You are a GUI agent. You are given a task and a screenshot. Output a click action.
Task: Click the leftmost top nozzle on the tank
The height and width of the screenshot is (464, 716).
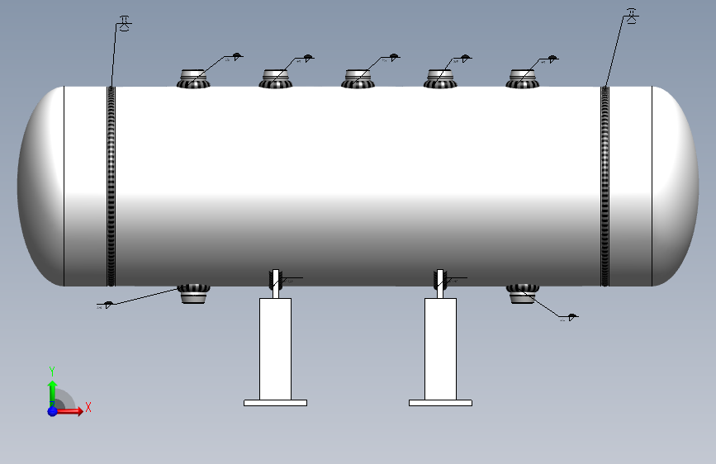(x=195, y=79)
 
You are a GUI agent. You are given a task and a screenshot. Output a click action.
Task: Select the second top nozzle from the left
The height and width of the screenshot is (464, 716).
(x=277, y=79)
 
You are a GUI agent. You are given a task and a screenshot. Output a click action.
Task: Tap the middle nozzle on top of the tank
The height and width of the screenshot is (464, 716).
(x=358, y=79)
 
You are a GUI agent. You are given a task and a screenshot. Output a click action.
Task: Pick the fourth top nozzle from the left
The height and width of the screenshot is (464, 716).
(x=440, y=79)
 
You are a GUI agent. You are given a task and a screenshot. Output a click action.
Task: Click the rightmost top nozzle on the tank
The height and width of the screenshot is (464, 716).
(x=522, y=79)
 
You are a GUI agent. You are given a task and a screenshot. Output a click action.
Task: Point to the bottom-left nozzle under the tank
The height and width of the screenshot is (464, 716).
(x=195, y=293)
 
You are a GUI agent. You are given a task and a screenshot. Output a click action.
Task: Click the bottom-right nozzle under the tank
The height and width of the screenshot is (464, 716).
(x=522, y=293)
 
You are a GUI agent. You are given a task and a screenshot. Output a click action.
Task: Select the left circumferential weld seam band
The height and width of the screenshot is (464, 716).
(x=111, y=186)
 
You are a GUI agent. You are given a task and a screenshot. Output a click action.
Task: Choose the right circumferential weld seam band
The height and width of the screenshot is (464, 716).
(x=605, y=186)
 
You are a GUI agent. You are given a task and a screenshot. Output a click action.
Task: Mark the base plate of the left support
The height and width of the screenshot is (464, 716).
(x=276, y=403)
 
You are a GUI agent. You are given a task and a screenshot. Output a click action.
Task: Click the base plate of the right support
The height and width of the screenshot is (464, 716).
(x=440, y=403)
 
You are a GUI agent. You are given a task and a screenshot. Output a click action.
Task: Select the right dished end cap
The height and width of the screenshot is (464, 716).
(x=673, y=186)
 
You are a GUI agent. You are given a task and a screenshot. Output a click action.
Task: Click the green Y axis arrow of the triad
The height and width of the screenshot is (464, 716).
(x=52, y=387)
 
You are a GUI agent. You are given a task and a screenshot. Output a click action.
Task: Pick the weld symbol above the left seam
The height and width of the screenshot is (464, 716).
(x=124, y=23)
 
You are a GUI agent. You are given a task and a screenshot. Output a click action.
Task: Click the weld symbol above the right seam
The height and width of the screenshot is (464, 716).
(x=632, y=17)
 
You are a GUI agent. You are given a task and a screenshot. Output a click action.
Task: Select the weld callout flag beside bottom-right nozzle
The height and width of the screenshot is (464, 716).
(x=571, y=316)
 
